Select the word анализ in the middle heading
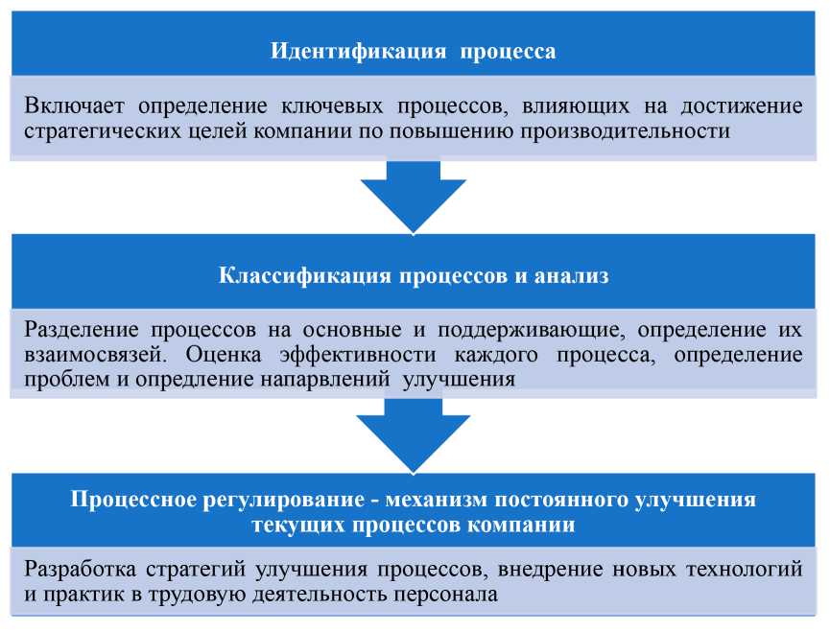pos(577,277)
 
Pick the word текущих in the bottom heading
pos(293,526)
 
